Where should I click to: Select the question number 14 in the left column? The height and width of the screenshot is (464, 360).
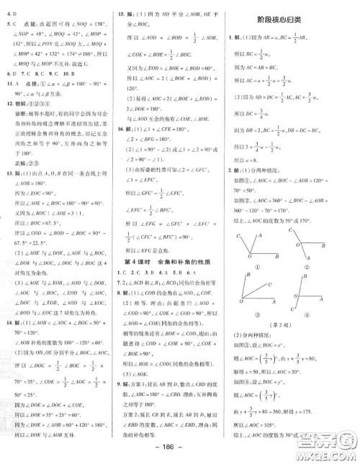pyautogui.click(x=9, y=345)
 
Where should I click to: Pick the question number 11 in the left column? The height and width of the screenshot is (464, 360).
pyautogui.click(x=9, y=104)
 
